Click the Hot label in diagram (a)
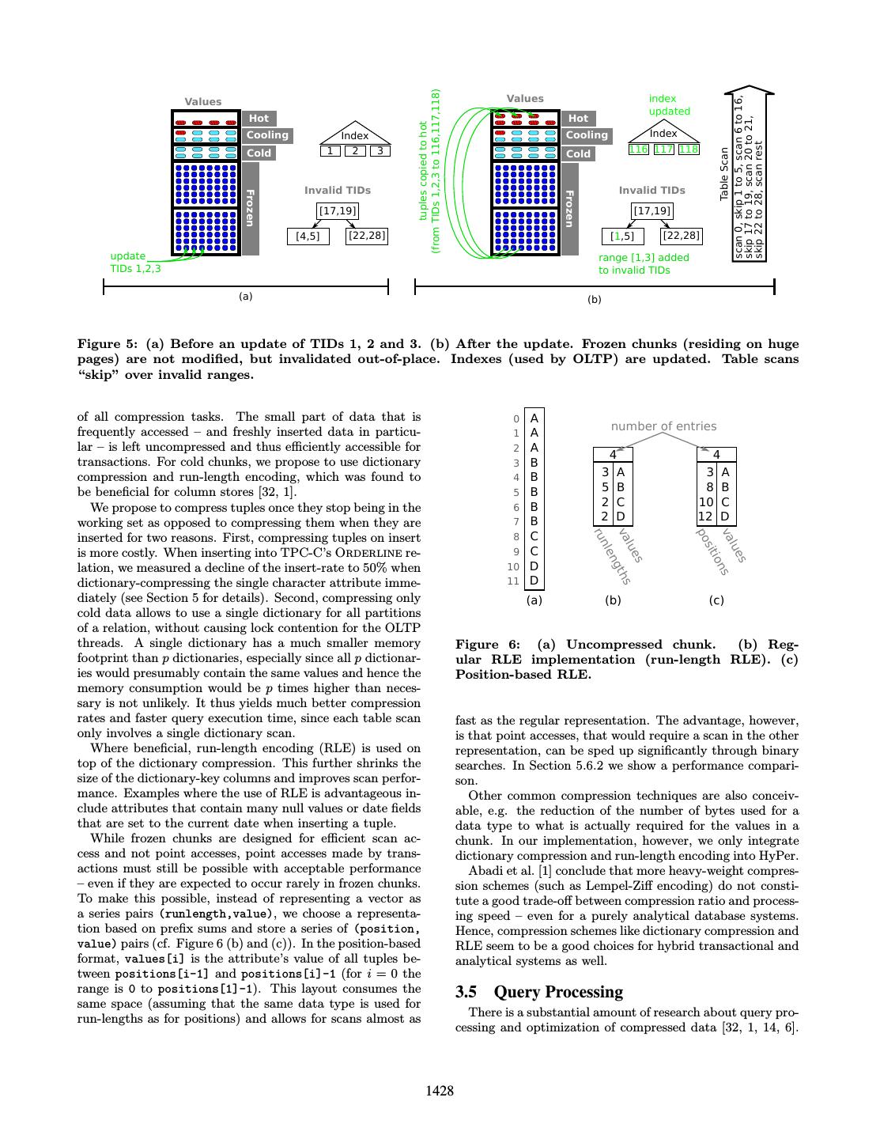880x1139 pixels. coord(259,118)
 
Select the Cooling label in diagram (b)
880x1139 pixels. coord(587,135)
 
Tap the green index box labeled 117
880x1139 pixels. coord(663,149)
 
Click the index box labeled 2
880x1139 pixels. coord(355,151)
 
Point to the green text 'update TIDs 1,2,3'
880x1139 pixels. coord(135,262)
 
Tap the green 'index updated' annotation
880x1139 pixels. coord(669,104)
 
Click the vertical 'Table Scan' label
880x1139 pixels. coord(724,173)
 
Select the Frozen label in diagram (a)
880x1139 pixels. coord(250,208)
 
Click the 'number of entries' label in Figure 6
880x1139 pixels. coord(663,426)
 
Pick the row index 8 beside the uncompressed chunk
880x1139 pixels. coord(516,537)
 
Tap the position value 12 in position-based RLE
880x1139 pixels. coord(705,517)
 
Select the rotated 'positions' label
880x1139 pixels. coord(712,551)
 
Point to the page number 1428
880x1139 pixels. coord(440,1091)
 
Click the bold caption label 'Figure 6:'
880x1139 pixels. coord(488,645)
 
